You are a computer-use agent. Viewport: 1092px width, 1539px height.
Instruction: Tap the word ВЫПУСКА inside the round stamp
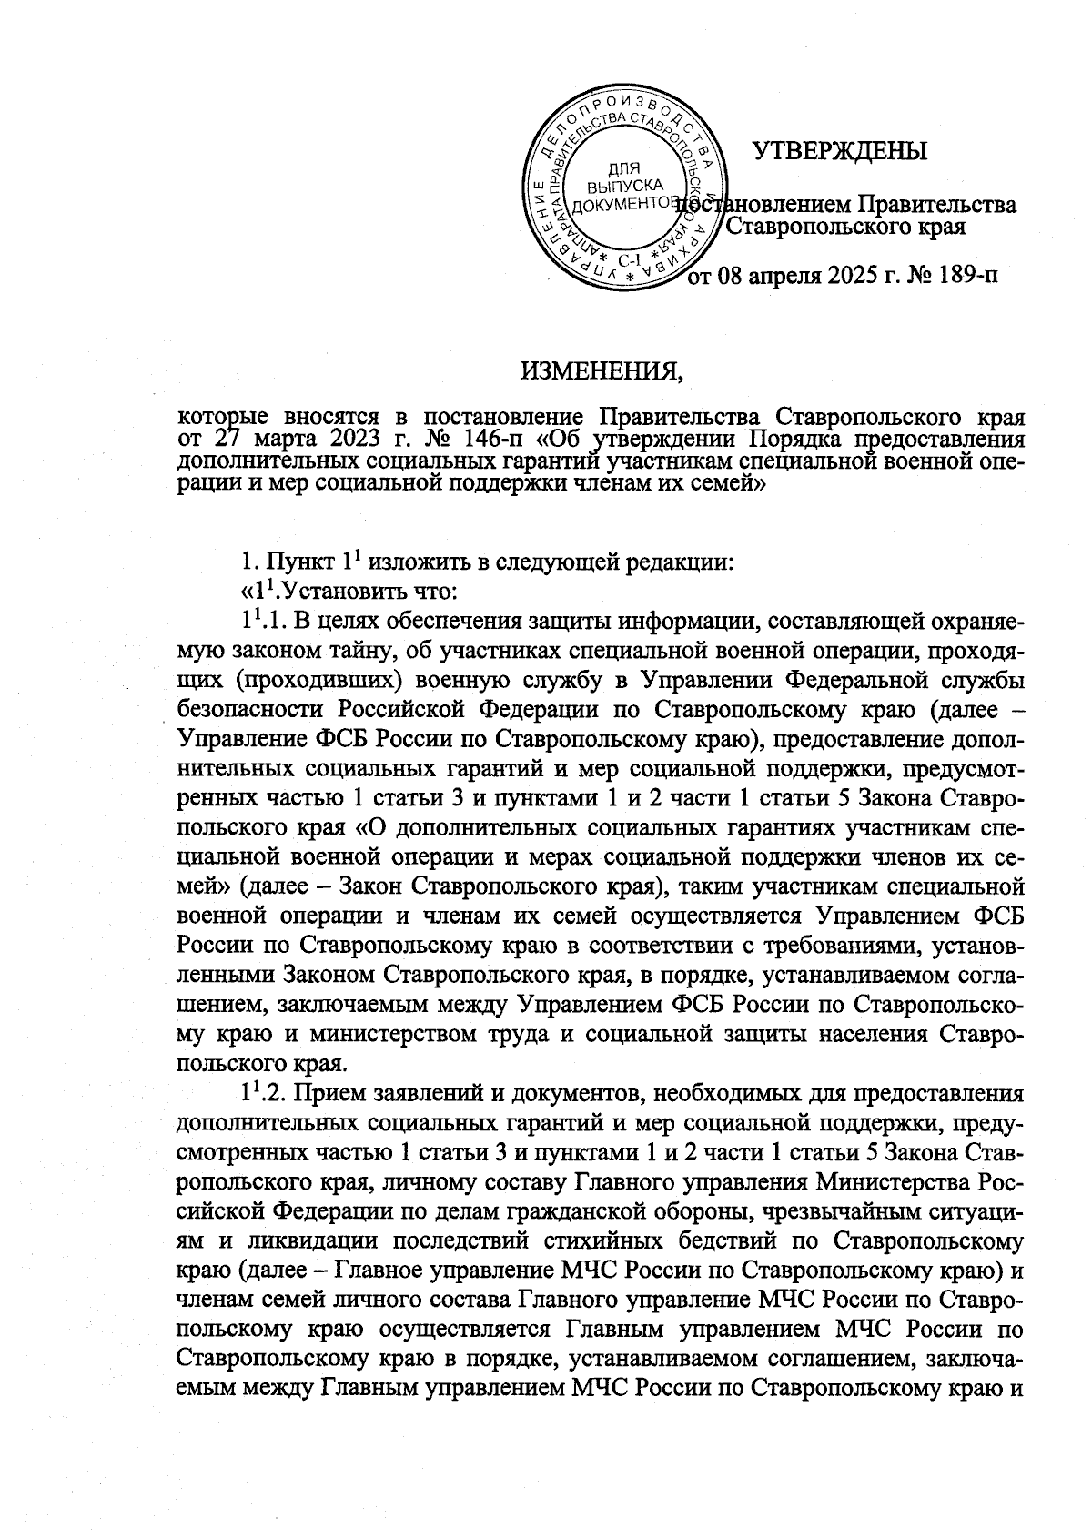(623, 186)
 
